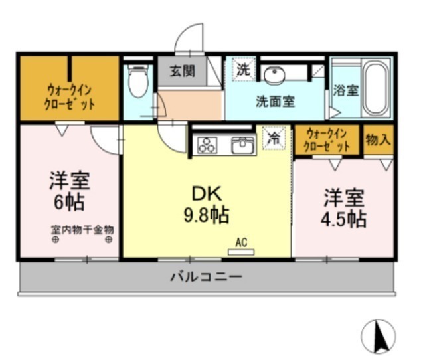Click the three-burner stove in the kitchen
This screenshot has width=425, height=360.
[x=207, y=145]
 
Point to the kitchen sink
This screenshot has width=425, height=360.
[x=243, y=145]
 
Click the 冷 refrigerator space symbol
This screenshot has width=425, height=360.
[x=274, y=138]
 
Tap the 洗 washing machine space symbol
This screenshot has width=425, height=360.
[x=244, y=69]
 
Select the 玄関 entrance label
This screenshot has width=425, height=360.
[x=182, y=72]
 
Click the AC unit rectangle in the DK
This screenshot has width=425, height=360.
[x=241, y=252]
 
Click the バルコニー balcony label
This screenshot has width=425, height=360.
[x=207, y=277]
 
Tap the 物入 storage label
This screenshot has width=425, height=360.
[x=379, y=140]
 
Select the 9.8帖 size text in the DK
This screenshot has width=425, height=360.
[x=207, y=215]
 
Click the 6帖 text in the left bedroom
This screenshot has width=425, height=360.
[x=69, y=202]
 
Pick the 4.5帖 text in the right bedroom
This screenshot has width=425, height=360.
[x=344, y=219]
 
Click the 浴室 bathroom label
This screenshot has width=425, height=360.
[x=346, y=90]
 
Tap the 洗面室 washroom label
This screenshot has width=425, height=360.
[x=276, y=102]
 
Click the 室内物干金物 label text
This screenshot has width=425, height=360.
[x=82, y=230]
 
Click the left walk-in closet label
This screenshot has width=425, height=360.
[x=70, y=97]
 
